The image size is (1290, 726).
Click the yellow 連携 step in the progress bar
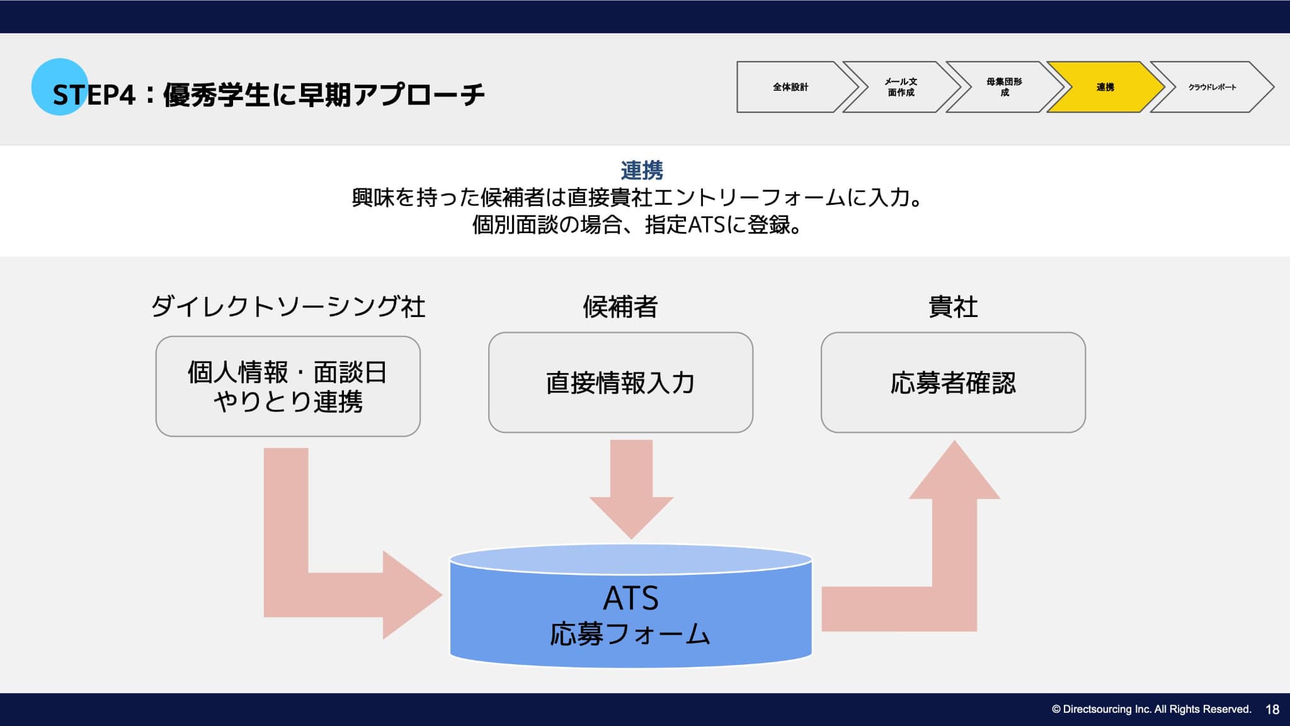(x=1105, y=87)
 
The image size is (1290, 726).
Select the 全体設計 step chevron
(x=791, y=87)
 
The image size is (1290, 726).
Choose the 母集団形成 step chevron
(x=1004, y=87)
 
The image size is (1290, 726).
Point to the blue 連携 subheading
(x=642, y=170)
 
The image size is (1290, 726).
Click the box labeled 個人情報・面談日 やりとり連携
(x=288, y=386)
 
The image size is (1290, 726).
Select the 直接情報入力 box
(x=620, y=383)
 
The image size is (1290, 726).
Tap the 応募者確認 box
(x=953, y=383)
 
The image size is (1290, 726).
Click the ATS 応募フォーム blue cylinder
(x=631, y=614)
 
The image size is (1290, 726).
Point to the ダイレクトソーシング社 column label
(x=288, y=307)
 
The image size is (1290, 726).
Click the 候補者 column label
(x=620, y=307)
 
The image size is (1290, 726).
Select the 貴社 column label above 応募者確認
(x=953, y=307)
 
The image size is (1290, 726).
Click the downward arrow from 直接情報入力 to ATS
(x=631, y=488)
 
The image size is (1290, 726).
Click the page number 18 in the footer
(x=1272, y=710)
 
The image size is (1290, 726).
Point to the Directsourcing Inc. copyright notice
(x=1151, y=710)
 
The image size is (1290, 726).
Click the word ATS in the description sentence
(x=706, y=225)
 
